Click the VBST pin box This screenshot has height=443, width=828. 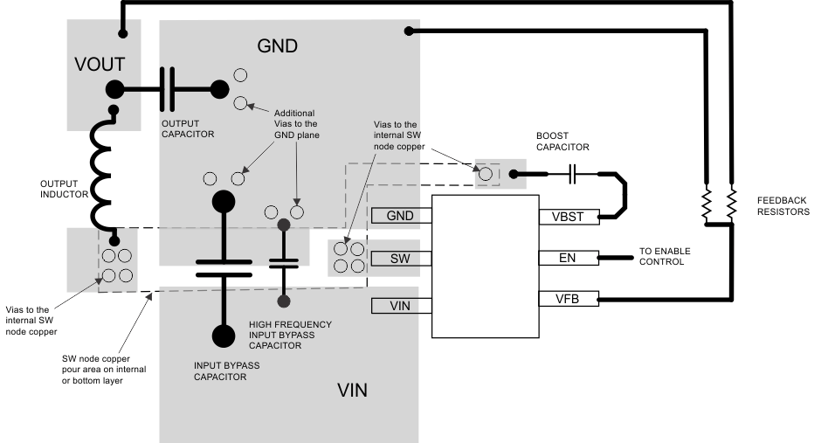pyautogui.click(x=569, y=216)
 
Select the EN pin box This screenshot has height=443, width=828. pyautogui.click(x=569, y=258)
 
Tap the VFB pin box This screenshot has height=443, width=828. pyautogui.click(x=569, y=300)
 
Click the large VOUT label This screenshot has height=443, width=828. pyautogui.click(x=100, y=64)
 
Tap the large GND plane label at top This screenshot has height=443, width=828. pyautogui.click(x=278, y=45)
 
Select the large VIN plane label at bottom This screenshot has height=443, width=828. pyautogui.click(x=352, y=391)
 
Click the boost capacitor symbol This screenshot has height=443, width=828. pyautogui.click(x=573, y=175)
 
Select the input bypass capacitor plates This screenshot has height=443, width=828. pyautogui.click(x=224, y=266)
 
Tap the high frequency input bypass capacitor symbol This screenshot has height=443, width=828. pyautogui.click(x=283, y=261)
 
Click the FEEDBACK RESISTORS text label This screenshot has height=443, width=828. pyautogui.click(x=783, y=205)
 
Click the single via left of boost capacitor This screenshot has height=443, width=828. pyautogui.click(x=485, y=173)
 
